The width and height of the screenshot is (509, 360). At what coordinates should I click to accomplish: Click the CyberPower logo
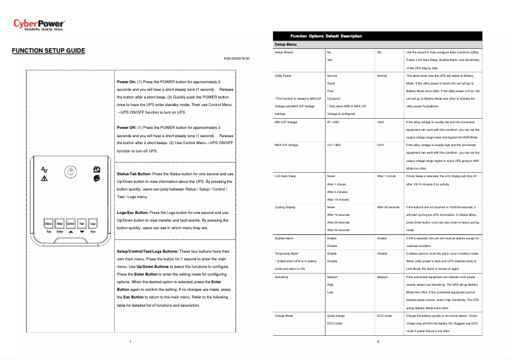click(x=39, y=25)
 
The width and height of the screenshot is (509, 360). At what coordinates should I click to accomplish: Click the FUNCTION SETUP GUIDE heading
click(x=48, y=50)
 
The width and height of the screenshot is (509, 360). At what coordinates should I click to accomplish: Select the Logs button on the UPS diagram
click(x=93, y=223)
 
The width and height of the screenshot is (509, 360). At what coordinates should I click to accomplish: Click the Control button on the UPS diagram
click(x=70, y=223)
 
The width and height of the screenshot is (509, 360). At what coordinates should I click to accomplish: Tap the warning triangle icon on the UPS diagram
click(x=44, y=180)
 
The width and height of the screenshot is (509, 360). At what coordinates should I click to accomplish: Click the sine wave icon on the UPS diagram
click(x=44, y=170)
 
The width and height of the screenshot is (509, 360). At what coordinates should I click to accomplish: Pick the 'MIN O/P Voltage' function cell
click(x=286, y=121)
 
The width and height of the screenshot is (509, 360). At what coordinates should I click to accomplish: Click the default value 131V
click(x=381, y=145)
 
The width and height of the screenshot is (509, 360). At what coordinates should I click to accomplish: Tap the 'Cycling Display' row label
click(x=285, y=207)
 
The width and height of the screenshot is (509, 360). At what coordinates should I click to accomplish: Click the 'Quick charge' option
click(x=336, y=315)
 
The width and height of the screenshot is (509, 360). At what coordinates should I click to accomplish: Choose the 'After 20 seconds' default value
click(x=388, y=207)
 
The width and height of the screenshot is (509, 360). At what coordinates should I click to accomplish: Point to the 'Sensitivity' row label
click(x=282, y=277)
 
